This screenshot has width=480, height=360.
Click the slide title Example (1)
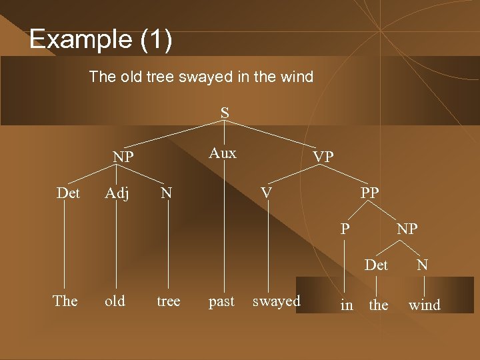[101, 39]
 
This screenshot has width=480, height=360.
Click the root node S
[225, 113]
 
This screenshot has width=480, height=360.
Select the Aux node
[223, 153]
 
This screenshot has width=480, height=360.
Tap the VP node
[323, 157]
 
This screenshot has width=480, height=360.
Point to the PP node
[369, 193]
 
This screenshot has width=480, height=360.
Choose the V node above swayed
[266, 193]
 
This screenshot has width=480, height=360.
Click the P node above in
[344, 229]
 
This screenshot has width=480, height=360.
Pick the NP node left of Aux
[123, 157]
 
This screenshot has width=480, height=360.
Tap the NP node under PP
[407, 229]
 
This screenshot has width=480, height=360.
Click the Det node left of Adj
[68, 193]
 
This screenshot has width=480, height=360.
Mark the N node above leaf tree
[167, 193]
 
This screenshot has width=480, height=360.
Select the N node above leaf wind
[423, 265]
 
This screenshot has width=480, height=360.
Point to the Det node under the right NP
[377, 265]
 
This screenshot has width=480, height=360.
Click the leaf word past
[221, 301]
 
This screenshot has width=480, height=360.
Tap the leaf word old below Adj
[115, 301]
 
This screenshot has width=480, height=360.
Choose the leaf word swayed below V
[276, 301]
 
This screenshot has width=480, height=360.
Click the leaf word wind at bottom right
[425, 305]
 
